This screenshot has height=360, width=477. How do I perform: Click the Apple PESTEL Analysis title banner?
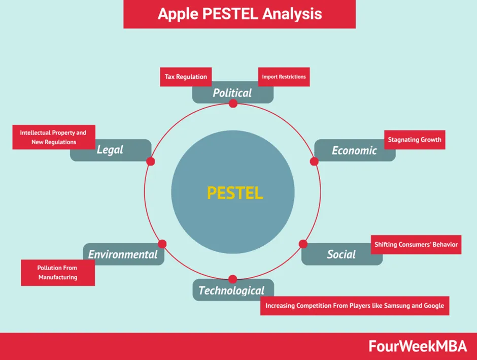tap(240, 14)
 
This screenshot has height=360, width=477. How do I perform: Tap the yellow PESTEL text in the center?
tap(235, 193)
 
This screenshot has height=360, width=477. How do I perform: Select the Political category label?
tap(232, 93)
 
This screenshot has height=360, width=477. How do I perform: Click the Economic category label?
tap(354, 150)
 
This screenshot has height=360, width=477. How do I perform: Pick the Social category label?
tap(341, 254)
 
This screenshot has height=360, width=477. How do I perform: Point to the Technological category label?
tap(231, 290)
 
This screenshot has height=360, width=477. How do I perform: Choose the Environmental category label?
tap(123, 254)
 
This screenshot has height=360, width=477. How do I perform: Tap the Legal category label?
tap(110, 150)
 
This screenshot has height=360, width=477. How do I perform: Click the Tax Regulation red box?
tap(186, 77)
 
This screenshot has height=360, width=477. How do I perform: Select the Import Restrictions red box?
tap(284, 77)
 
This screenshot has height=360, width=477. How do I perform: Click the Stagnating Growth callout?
tap(415, 140)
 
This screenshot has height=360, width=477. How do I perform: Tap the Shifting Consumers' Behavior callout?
tap(416, 245)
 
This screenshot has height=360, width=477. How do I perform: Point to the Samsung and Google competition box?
tap(355, 306)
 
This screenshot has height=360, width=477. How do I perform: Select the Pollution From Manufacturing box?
tap(57, 273)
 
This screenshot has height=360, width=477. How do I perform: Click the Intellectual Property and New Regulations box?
tap(53, 138)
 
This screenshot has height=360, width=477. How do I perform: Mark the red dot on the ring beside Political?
tap(233, 104)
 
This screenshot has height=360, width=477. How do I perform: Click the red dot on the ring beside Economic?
tap(314, 161)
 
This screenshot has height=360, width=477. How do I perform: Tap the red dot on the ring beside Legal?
tap(150, 161)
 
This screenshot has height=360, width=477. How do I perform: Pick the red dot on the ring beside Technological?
tap(233, 279)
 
